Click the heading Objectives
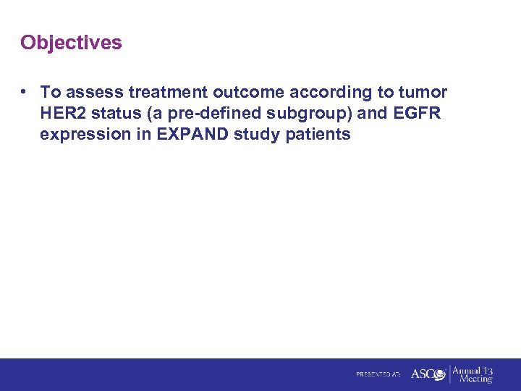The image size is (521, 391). (71, 43)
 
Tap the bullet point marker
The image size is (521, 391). (25, 92)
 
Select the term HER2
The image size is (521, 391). (63, 114)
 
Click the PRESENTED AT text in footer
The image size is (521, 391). (378, 374)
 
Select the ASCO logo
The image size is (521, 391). (428, 374)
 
